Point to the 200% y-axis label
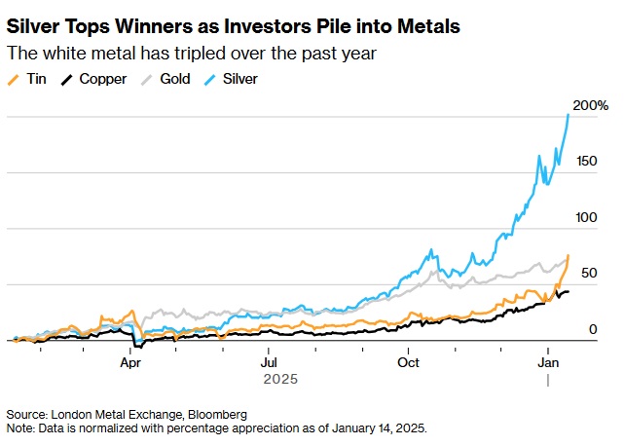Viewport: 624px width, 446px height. [591, 105]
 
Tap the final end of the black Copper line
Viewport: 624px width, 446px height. [569, 291]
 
